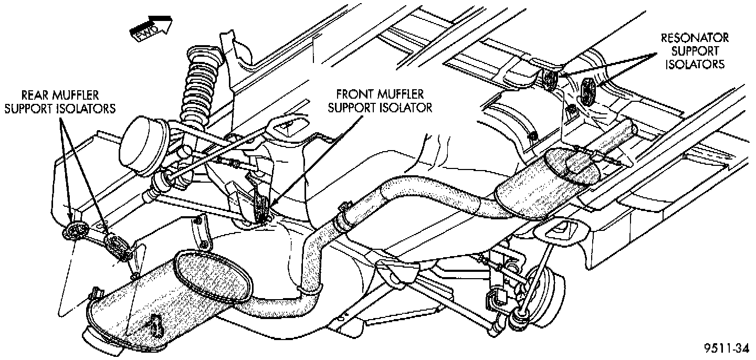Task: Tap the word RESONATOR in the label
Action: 695,38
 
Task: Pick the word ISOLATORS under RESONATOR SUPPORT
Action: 695,65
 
